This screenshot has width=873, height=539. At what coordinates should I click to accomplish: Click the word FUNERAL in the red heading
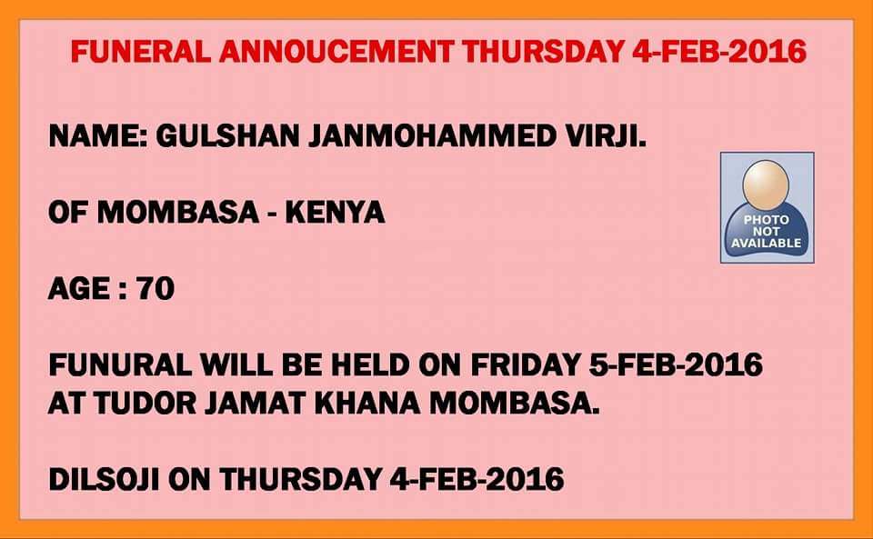click(141, 51)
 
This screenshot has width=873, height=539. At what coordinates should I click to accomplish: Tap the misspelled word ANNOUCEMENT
click(336, 51)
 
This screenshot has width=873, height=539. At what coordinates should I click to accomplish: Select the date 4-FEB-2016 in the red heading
click(719, 51)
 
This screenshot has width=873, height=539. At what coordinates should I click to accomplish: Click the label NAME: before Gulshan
click(98, 135)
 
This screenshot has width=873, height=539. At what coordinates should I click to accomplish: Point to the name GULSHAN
click(227, 135)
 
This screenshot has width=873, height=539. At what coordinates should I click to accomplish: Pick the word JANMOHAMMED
click(432, 135)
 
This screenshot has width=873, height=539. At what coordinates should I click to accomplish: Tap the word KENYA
click(336, 212)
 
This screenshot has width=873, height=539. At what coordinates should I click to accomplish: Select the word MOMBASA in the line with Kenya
click(178, 212)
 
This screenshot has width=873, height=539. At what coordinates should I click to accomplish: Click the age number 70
click(156, 288)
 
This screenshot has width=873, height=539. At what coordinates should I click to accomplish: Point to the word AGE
click(79, 288)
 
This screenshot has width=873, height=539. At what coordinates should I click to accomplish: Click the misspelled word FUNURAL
click(121, 364)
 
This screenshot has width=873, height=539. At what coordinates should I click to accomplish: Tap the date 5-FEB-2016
click(676, 364)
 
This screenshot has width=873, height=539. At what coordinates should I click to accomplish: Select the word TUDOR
click(145, 404)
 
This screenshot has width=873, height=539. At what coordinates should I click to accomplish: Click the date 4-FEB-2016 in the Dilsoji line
click(477, 480)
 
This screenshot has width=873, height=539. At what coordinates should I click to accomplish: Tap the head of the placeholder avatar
click(766, 185)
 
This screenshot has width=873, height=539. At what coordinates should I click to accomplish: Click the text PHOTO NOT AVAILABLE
click(766, 232)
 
